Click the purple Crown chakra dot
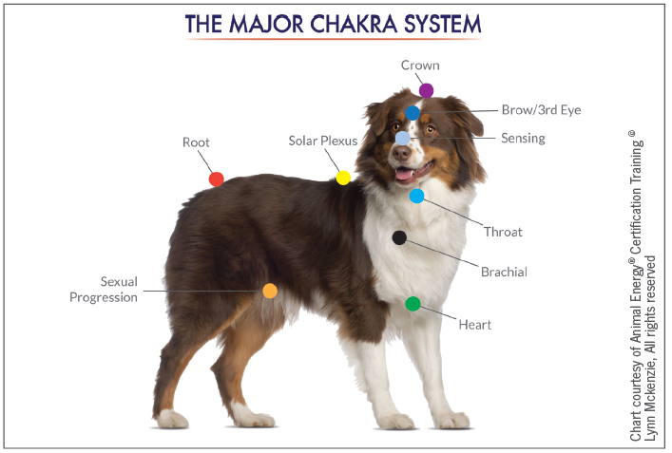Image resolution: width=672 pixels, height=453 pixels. [x=426, y=90]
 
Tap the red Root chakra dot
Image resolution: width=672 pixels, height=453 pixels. [x=217, y=179]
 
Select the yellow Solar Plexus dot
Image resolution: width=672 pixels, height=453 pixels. [x=343, y=178]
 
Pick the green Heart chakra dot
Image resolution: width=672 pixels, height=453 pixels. [x=413, y=304]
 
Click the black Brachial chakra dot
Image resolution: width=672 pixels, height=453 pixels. [x=399, y=237]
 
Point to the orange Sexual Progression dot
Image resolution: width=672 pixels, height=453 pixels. [x=270, y=291]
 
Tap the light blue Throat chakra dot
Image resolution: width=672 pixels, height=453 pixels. [x=416, y=196]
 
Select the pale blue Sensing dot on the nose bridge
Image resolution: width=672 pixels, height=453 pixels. [x=403, y=138]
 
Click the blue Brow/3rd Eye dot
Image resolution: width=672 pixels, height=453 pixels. [x=413, y=112]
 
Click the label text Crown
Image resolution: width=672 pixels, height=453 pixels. [x=420, y=66]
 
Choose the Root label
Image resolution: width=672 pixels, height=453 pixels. [x=196, y=142]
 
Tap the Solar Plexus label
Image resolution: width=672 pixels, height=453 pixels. [x=323, y=141]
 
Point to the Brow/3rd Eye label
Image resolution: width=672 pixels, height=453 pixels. [x=540, y=110]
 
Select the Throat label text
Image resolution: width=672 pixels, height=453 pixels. [x=503, y=232]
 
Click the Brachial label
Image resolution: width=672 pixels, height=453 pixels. [x=504, y=272]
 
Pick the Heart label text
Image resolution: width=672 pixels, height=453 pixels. [x=475, y=325]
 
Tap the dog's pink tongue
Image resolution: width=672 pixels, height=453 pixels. [x=405, y=174]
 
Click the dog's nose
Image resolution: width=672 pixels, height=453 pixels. [x=402, y=154]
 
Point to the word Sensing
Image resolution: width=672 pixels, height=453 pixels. [x=523, y=139]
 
